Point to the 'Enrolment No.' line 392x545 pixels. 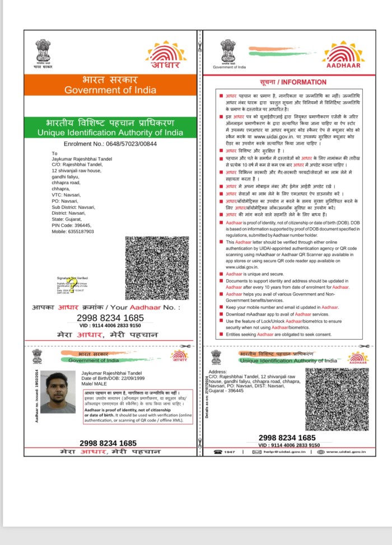[x=110, y=144]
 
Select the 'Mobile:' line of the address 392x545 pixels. [x=73, y=232]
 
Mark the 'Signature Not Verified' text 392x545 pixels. [x=72, y=278]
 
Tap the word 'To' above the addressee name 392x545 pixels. [x=54, y=153]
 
